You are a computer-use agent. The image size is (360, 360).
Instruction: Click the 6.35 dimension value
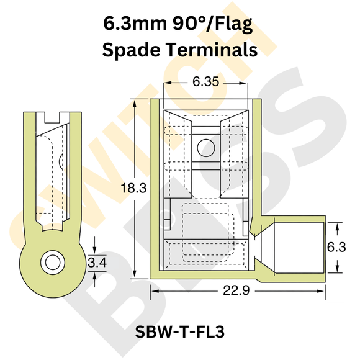point(206,81)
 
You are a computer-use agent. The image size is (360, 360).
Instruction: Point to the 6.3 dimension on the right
point(336,247)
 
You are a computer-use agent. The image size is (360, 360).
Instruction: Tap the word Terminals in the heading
point(218,50)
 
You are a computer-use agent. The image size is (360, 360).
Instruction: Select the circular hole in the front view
point(204,147)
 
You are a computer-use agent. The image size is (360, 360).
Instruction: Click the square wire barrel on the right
point(298,246)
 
